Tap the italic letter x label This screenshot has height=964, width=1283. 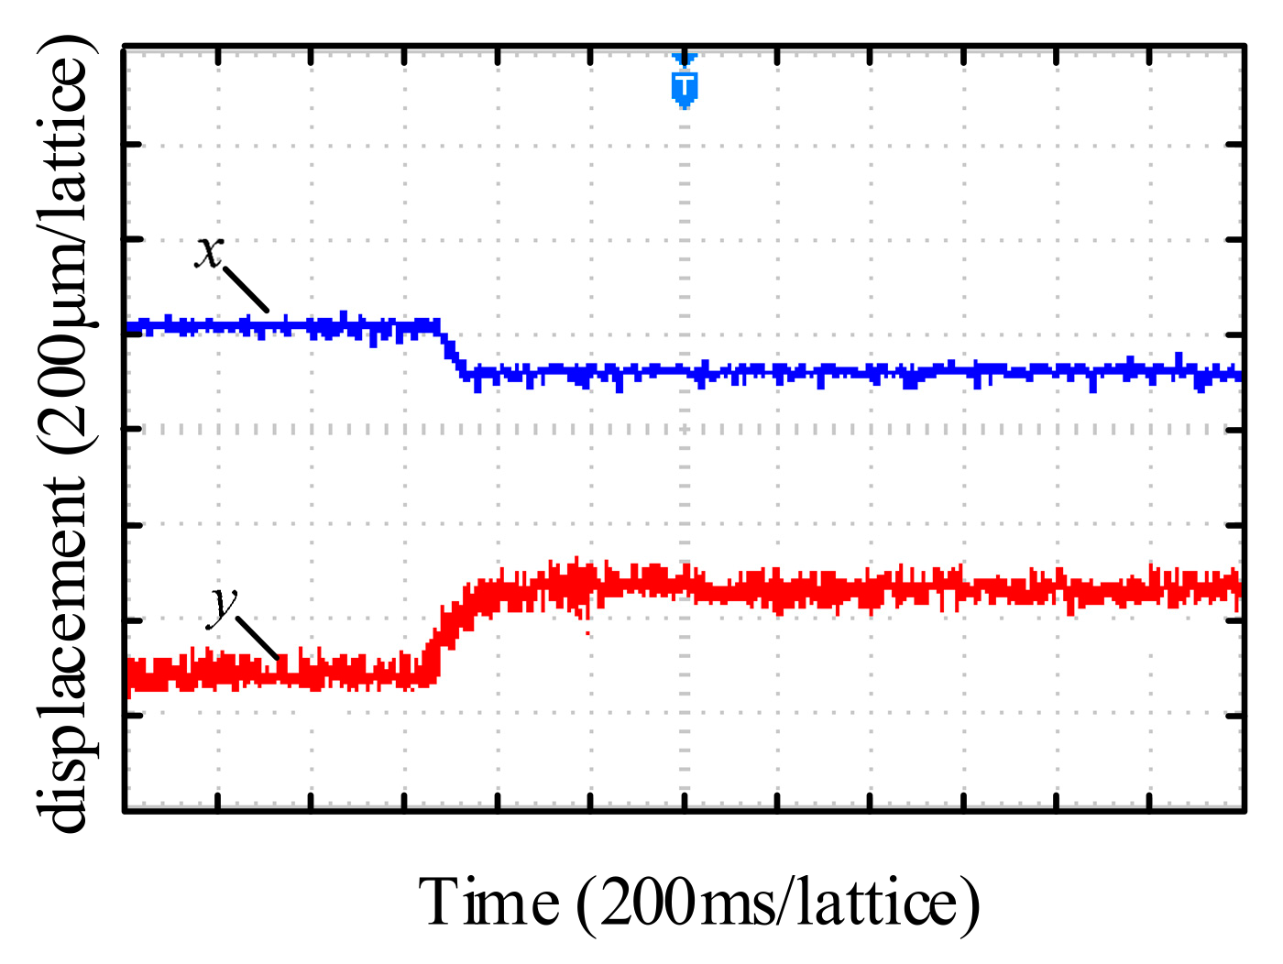pyautogui.click(x=209, y=250)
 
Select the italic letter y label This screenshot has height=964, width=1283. pyautogui.click(x=224, y=606)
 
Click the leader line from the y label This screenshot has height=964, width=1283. pyautogui.click(x=258, y=637)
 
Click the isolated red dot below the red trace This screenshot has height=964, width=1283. pyautogui.click(x=587, y=632)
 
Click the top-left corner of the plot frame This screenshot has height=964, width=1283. pyautogui.click(x=125, y=45)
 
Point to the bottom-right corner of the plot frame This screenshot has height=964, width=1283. pyautogui.click(x=1245, y=809)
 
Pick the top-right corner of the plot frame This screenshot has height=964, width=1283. pyautogui.click(x=1245, y=45)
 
